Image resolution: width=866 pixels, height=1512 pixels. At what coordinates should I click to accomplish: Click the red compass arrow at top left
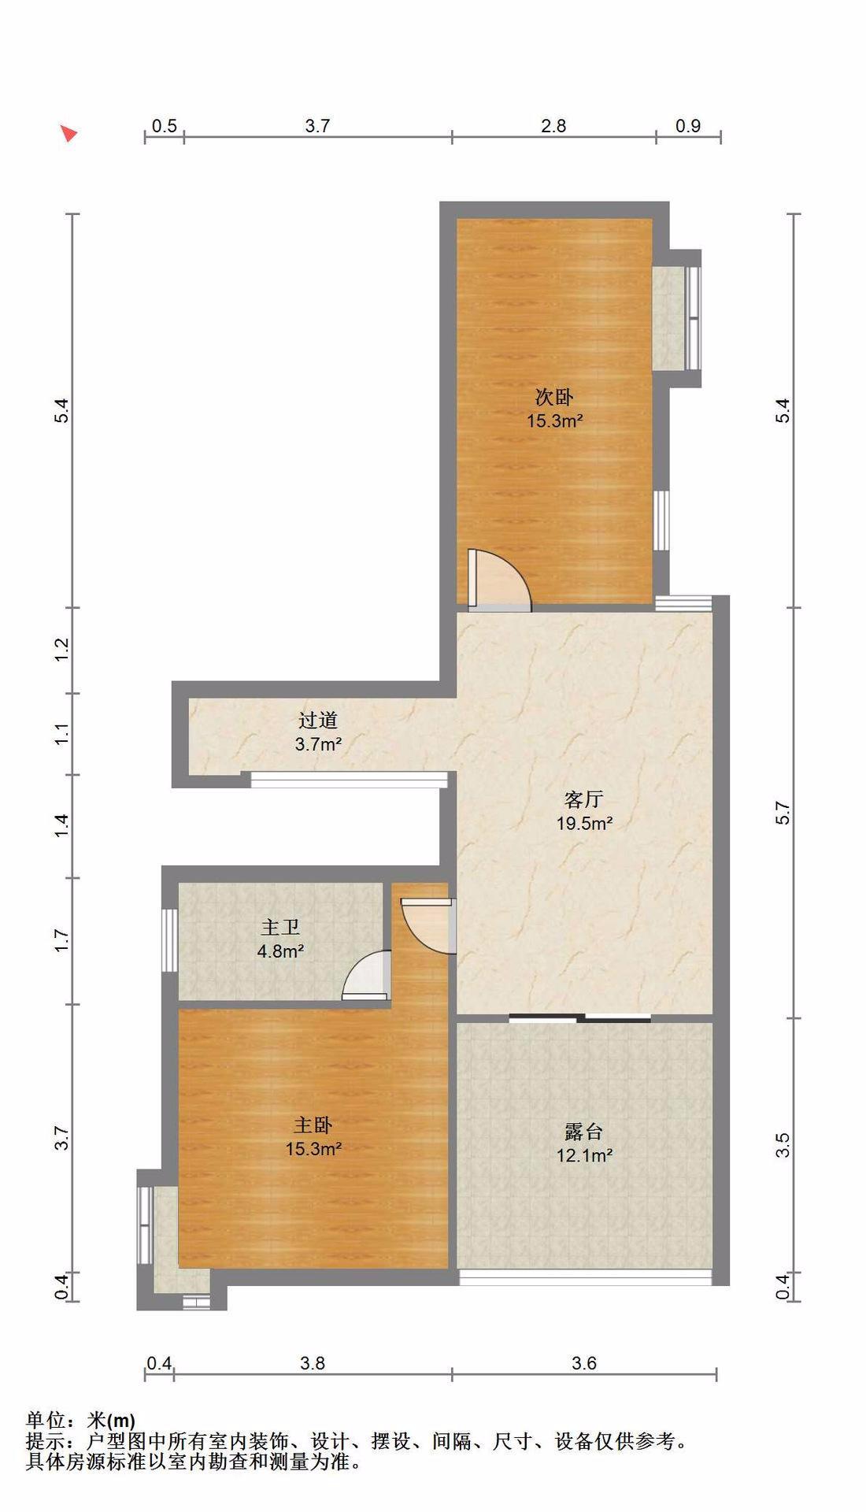[x=69, y=133]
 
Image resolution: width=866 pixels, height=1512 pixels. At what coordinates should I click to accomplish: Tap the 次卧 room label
[x=554, y=397]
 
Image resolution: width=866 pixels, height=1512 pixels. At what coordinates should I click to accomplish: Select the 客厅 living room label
[x=584, y=800]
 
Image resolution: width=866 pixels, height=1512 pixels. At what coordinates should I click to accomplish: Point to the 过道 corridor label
[x=318, y=720]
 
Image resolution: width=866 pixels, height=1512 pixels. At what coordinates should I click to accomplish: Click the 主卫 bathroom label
[x=280, y=928]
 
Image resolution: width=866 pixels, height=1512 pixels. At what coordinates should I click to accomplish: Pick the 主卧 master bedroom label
[x=313, y=1125]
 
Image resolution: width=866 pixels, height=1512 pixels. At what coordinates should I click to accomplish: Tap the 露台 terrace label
[x=584, y=1132]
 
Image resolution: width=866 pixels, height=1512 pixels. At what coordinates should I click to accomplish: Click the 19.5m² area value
[x=584, y=824]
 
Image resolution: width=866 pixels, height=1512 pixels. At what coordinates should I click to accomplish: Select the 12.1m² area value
[x=584, y=1156]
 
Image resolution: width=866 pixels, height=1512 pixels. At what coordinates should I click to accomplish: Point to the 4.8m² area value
[x=280, y=951]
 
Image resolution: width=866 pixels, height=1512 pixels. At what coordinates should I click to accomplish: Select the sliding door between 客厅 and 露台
[x=580, y=1018]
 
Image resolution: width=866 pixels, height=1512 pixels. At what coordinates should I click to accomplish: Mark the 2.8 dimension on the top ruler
[x=553, y=126]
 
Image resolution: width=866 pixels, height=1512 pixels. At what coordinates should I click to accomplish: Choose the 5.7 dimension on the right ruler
[x=783, y=812]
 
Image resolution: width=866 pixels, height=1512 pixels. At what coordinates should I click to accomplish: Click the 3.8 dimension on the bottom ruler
[x=313, y=1363]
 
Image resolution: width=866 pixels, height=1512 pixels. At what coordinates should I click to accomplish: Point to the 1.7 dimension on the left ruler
[x=63, y=940]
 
